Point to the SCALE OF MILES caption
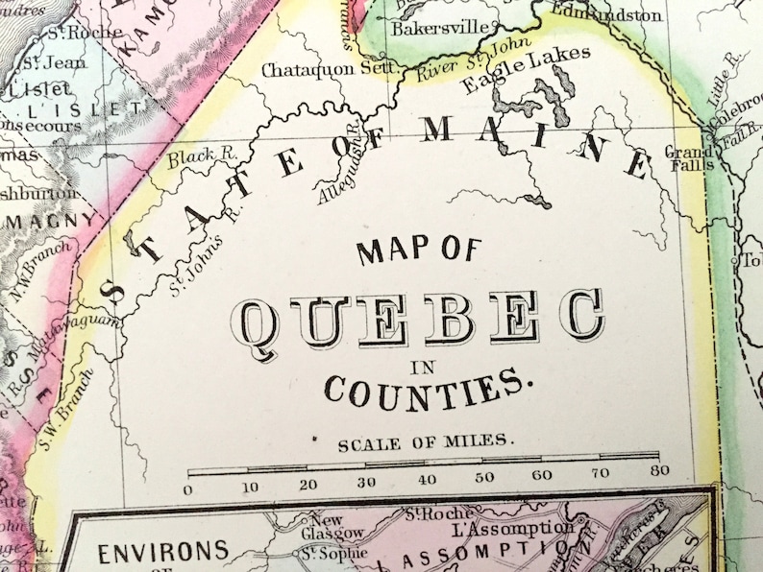[x=428, y=443]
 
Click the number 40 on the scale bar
[x=426, y=479]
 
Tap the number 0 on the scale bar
[x=188, y=489]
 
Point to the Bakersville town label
[x=441, y=28]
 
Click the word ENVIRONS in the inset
[x=163, y=552]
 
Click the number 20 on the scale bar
[x=308, y=484]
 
